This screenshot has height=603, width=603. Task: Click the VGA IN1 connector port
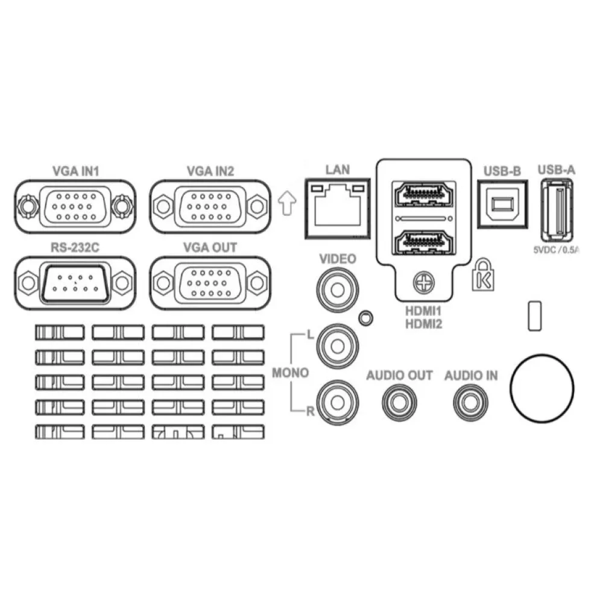pos(75,206)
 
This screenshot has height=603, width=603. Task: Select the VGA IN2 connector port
pos(210,206)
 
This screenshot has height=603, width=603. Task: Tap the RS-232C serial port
pos(75,283)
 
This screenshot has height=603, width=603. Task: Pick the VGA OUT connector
pos(210,283)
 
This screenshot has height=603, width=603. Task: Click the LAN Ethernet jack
pos(338,208)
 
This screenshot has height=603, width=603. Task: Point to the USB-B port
pos(502,204)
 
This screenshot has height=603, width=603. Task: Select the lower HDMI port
pos(423,242)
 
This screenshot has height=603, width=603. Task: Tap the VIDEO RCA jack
pos(337,289)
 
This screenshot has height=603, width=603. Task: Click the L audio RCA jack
pos(337,346)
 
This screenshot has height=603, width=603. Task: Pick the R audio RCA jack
pos(337,402)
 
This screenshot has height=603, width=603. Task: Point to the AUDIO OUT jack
pos(399,403)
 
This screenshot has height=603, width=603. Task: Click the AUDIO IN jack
pos(471,403)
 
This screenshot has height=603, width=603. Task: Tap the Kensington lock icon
pos(483,274)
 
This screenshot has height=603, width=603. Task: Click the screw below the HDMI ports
pos(423,283)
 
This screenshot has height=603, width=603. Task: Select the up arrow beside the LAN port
pos(287,203)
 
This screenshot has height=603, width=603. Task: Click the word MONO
pos(291,373)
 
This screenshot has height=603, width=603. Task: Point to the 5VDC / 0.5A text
pos(556,250)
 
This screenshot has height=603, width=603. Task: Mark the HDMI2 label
pos(423,324)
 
